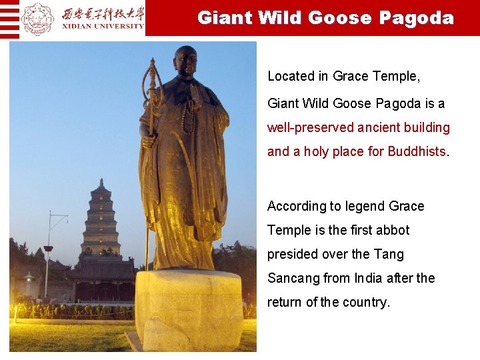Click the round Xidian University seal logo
[38, 18]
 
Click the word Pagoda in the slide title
[417, 18]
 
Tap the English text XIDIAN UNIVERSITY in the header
[103, 27]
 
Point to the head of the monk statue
[185, 61]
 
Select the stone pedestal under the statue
[189, 309]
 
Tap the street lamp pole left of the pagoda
[47, 253]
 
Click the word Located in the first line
[291, 76]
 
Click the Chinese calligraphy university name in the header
[103, 13]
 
